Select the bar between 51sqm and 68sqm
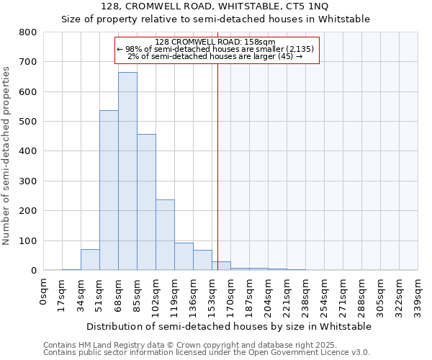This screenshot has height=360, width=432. point(109,190)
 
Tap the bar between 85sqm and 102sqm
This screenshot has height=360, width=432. point(146,202)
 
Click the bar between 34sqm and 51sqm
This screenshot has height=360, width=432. point(90,260)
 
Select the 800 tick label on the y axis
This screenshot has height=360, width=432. point(28,32)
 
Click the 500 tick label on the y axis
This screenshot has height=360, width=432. point(28,122)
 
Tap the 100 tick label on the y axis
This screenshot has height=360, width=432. point(28,240)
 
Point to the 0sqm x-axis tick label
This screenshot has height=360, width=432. point(44,291)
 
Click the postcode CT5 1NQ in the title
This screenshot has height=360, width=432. point(307,6)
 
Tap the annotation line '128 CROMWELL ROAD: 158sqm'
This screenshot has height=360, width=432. point(215,42)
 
